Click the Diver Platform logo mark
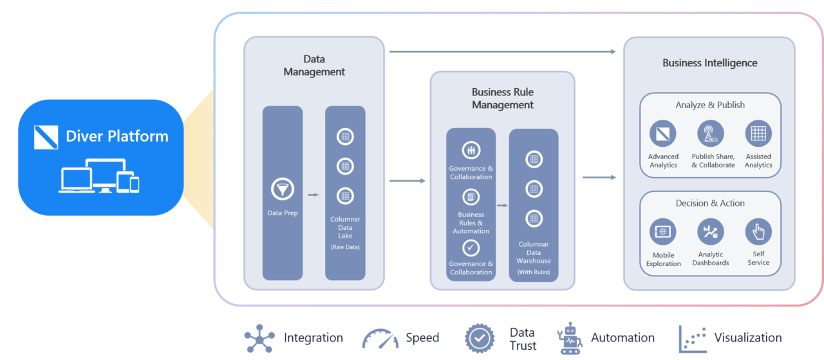[x=46, y=137]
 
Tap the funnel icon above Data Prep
[x=283, y=189]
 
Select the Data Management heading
[x=314, y=66]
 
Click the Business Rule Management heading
[x=503, y=99]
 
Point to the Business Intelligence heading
[x=709, y=63]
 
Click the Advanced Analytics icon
[x=663, y=134]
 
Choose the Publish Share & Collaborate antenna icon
[x=711, y=134]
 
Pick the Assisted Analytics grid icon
[x=758, y=134]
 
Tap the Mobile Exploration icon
[x=663, y=232]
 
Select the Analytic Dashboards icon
[x=711, y=232]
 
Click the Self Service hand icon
[x=758, y=232]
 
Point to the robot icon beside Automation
[x=570, y=338]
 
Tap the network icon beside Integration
[x=259, y=338]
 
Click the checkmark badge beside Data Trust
[x=480, y=338]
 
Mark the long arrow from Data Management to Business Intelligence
[x=503, y=52]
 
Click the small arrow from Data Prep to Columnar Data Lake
[x=314, y=194]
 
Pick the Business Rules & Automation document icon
[x=471, y=197]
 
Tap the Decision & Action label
[x=710, y=203]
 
